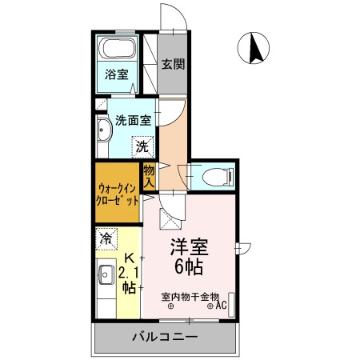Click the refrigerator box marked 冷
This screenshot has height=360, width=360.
point(105,238)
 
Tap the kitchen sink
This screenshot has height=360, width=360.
point(104,276)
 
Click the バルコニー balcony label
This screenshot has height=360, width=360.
point(165,337)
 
